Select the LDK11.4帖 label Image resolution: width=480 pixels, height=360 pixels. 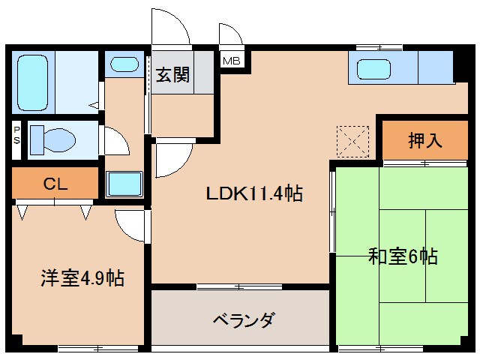click(255, 194)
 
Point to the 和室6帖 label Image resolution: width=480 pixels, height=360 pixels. click(403, 256)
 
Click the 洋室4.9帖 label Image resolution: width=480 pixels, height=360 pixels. click(82, 279)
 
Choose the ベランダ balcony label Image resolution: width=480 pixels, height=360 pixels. click(240, 320)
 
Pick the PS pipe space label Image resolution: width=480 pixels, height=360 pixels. click(16, 140)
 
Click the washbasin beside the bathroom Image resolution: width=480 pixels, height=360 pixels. click(123, 64)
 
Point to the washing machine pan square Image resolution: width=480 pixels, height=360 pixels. click(124, 184)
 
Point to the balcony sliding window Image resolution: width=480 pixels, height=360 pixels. click(239, 286)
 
